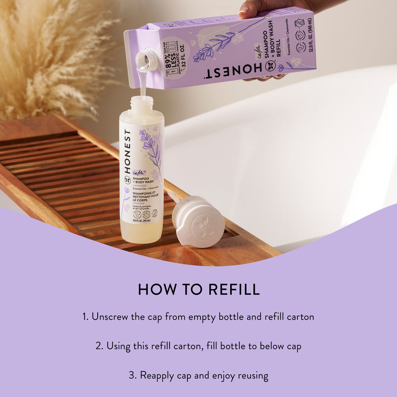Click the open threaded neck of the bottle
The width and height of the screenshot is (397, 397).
(x=142, y=104)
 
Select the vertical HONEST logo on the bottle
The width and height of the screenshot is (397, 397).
(x=127, y=150)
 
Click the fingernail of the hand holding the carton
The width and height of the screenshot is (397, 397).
(x=242, y=13)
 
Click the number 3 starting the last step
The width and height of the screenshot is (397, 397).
(x=131, y=375)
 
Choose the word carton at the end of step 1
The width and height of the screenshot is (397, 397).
(x=299, y=316)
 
